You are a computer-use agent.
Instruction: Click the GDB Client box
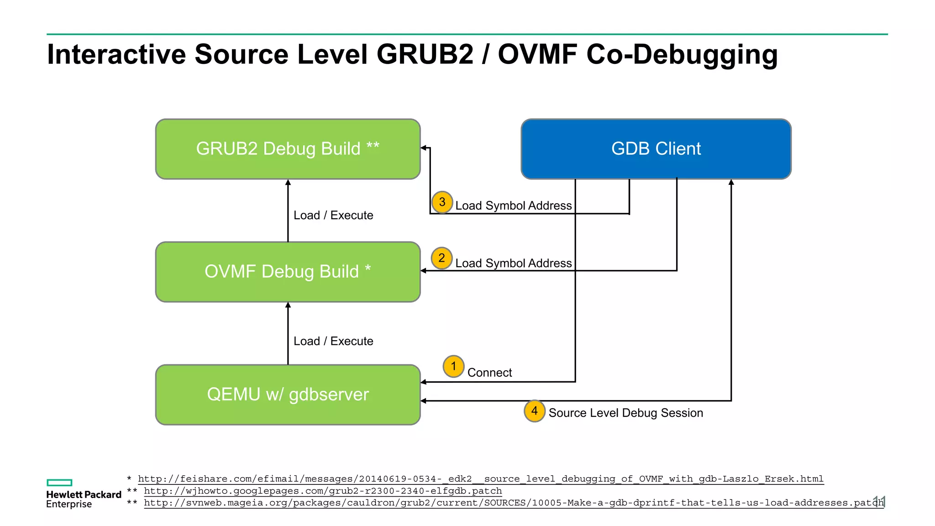pos(656,149)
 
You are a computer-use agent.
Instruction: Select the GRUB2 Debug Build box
pos(288,149)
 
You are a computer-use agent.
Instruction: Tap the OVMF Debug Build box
pos(288,272)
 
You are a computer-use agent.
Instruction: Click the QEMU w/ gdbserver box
pos(288,394)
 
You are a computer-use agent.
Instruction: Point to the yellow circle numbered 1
pos(453,366)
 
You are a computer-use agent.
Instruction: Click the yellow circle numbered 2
pos(441,258)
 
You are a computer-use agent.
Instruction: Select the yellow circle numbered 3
pos(442,202)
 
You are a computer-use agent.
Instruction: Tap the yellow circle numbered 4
pos(534,410)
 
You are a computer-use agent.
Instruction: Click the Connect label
pos(489,373)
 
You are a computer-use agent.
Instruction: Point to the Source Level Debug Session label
pos(625,413)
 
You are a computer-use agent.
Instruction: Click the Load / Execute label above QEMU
pos(333,341)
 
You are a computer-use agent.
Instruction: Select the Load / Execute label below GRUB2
pos(333,215)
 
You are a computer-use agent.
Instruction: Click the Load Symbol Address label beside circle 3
pos(513,205)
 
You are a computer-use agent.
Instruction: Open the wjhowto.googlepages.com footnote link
pos(323,491)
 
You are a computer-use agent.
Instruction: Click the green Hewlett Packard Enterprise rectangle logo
pos(59,483)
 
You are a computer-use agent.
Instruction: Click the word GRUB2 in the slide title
pos(425,54)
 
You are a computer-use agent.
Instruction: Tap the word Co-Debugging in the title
pos(682,54)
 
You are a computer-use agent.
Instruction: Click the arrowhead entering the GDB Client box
pos(731,182)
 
